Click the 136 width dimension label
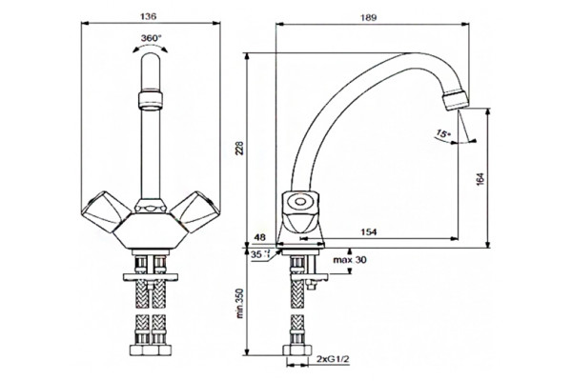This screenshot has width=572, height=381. tap(148, 16)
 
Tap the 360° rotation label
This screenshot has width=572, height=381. tap(152, 38)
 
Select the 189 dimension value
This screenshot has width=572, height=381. tap(368, 17)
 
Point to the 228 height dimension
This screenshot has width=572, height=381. tap(239, 148)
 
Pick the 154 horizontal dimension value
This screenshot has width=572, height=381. tap(368, 231)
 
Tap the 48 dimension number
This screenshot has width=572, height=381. tap(259, 237)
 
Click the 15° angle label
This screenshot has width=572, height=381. tap(443, 133)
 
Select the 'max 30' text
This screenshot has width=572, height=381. tap(350, 260)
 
